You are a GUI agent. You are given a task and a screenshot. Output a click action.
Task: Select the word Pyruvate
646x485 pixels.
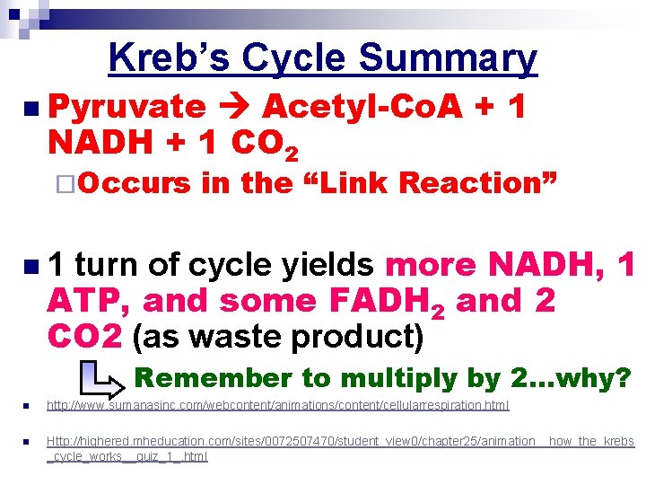127,107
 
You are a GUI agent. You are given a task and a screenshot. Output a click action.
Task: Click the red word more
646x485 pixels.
432,265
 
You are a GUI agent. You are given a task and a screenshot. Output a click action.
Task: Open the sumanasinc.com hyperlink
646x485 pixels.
277,406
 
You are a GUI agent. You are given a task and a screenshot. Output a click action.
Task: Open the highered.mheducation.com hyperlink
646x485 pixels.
340,442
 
